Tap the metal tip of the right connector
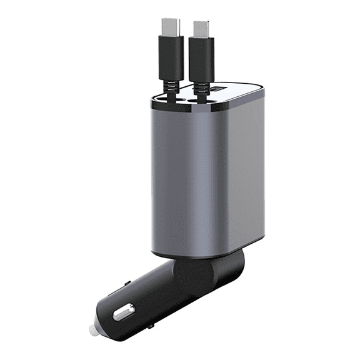tap(200, 27)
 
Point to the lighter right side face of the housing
tap(247, 169)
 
